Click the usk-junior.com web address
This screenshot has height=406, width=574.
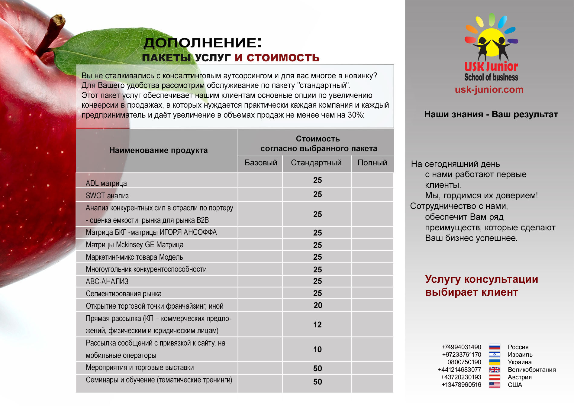[x=489, y=89]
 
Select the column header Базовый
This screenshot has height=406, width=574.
[x=261, y=163]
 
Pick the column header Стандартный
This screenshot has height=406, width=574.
[x=316, y=163]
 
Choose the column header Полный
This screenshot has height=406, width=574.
[x=372, y=163]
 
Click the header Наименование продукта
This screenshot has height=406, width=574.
[x=158, y=150]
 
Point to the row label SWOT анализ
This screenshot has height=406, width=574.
[x=107, y=196]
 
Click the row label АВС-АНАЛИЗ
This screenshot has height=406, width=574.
[x=107, y=281]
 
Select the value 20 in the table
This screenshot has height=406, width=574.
[x=318, y=305]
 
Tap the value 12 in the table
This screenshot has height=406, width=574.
[x=317, y=325]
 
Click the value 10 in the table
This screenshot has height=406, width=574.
[x=317, y=349]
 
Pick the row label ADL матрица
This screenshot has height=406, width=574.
[x=106, y=183]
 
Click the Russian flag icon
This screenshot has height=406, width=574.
[x=495, y=347]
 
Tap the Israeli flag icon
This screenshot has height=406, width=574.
[x=495, y=355]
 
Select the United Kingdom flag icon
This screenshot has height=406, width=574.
[x=495, y=370]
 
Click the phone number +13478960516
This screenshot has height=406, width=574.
[x=461, y=385]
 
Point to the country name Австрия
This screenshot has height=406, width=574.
[x=520, y=377]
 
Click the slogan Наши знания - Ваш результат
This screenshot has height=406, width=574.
[x=491, y=114]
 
